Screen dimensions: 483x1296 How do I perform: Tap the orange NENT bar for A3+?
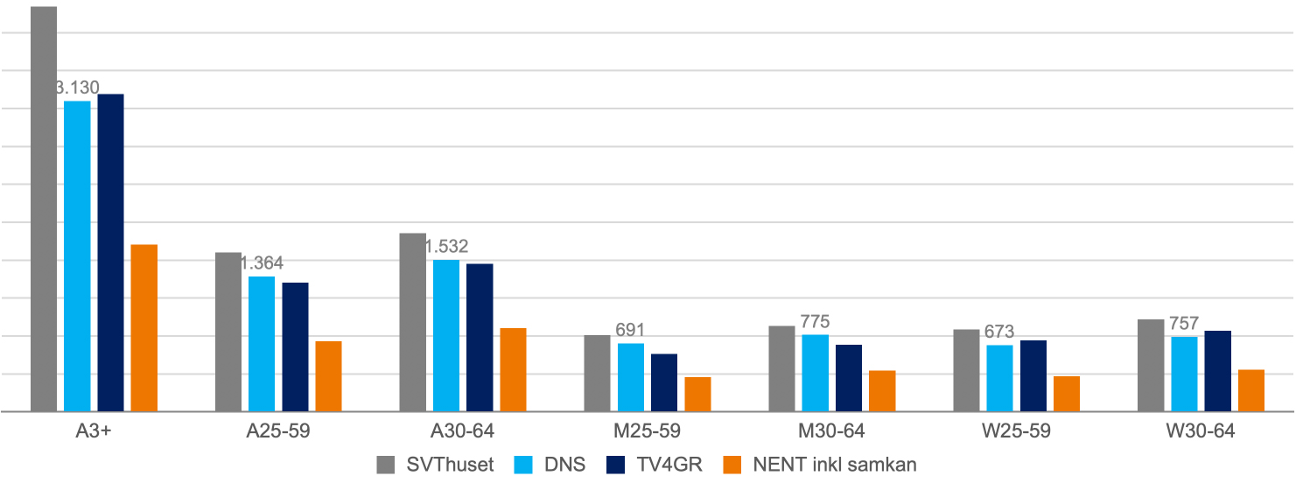click(x=144, y=327)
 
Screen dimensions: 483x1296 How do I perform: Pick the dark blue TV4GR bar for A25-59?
click(x=295, y=346)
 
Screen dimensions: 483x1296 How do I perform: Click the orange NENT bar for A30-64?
click(x=513, y=369)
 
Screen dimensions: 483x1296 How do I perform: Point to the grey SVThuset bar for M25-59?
click(x=597, y=373)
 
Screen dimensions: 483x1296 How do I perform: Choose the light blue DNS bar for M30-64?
click(x=816, y=373)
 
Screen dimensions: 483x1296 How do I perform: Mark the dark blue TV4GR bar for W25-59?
click(x=1033, y=375)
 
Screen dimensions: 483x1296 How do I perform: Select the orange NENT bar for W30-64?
click(x=1251, y=390)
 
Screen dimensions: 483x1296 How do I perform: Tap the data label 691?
click(x=630, y=331)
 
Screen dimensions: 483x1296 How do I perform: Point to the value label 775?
click(x=815, y=322)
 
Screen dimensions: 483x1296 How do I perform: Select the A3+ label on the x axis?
click(x=93, y=431)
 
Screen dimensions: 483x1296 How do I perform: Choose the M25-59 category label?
click(x=647, y=431)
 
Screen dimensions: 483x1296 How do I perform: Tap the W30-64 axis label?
click(x=1201, y=431)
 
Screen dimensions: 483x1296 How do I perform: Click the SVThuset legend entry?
click(x=435, y=465)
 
